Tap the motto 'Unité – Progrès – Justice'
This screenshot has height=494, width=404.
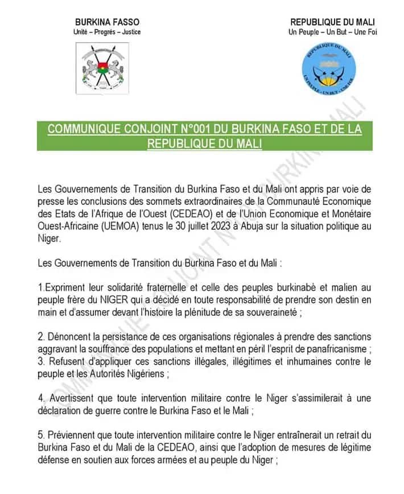point(107,32)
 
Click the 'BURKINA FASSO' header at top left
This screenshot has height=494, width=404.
point(107,22)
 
